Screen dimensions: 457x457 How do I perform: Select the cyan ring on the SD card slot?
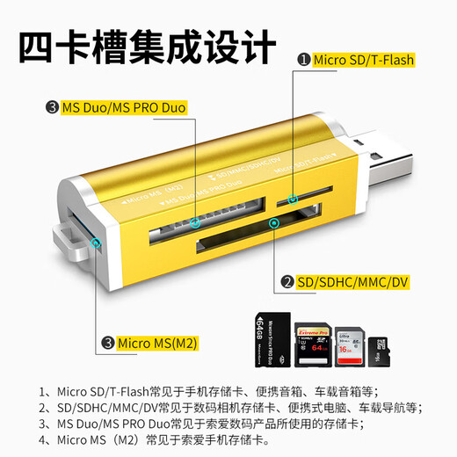pos(275,223)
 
